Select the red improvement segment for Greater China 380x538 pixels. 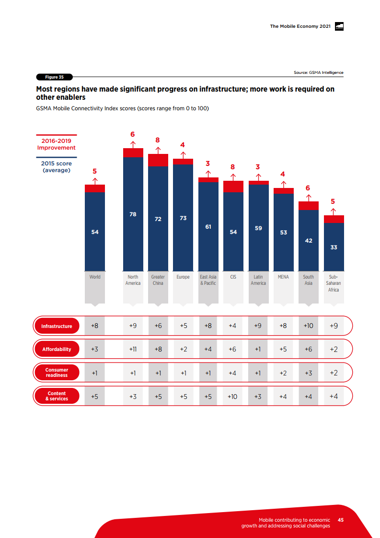pyautogui.click(x=158, y=160)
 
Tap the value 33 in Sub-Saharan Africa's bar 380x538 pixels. pyautogui.click(x=334, y=247)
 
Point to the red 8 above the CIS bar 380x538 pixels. pyautogui.click(x=233, y=167)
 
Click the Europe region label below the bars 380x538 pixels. pyautogui.click(x=183, y=277)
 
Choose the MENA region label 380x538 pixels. pyautogui.click(x=283, y=277)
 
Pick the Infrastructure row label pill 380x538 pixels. pyautogui.click(x=57, y=326)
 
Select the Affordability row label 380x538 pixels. pyautogui.click(x=57, y=349)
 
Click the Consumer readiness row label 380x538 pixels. pyautogui.click(x=57, y=372)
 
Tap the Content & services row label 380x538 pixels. pyautogui.click(x=57, y=396)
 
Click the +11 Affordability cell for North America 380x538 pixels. pyautogui.click(x=133, y=349)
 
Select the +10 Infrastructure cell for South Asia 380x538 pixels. pyautogui.click(x=309, y=326)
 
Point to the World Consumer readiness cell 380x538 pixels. pyautogui.click(x=95, y=372)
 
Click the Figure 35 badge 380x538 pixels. pyautogui.click(x=54, y=77)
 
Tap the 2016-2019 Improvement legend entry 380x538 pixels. pyautogui.click(x=57, y=144)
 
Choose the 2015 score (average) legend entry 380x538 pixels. pyautogui.click(x=57, y=166)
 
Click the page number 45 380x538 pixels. pyautogui.click(x=341, y=520)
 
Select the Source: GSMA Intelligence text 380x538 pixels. pyautogui.click(x=318, y=72)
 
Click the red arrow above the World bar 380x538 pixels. pyautogui.click(x=95, y=181)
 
